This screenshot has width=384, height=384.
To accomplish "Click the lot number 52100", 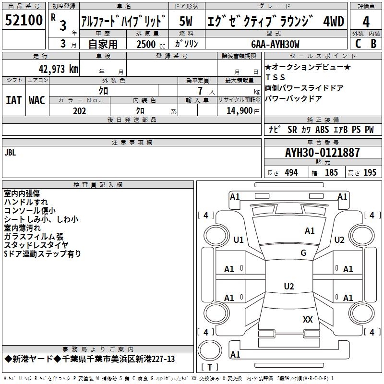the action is [24, 20].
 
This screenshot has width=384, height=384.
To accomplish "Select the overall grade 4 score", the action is [366, 22].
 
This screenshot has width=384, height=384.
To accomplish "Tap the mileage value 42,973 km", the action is [58, 69].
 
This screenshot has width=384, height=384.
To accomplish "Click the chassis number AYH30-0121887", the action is [323, 153].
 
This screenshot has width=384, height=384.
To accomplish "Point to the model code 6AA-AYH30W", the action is [275, 44].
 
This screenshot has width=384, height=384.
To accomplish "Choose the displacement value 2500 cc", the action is [151, 44].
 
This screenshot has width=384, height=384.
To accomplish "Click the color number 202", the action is [79, 111].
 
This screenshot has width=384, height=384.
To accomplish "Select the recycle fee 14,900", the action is [240, 111].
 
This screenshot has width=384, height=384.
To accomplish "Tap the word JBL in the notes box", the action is [10, 153].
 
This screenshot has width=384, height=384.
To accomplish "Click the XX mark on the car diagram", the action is [308, 319].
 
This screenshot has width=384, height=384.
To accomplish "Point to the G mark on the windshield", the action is [303, 252].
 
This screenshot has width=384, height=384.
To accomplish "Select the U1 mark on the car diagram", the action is [239, 240].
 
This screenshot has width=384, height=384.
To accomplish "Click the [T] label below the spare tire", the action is [210, 367].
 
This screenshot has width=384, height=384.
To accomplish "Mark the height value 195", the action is [370, 172].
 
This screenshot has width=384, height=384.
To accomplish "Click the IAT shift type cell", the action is [13, 100].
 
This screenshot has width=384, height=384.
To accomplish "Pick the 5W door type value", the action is [186, 21].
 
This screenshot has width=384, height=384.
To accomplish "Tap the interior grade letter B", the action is [373, 44].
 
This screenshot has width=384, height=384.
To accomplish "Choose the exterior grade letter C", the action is [358, 44].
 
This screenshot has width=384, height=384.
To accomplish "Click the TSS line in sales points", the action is [275, 77].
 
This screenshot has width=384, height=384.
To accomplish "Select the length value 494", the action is [291, 172].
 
